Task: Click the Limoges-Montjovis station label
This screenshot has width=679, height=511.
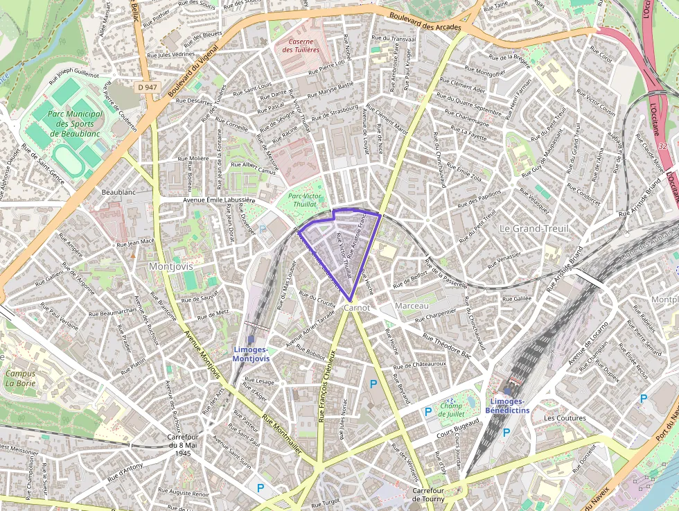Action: click(x=252, y=354)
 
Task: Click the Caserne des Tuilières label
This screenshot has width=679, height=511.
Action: click(x=300, y=45)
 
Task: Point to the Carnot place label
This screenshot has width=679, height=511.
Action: click(x=357, y=306)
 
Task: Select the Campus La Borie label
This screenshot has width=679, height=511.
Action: click(x=20, y=378)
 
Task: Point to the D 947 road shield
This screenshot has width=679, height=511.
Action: click(x=148, y=87)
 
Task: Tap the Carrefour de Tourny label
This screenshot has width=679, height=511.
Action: click(x=427, y=494)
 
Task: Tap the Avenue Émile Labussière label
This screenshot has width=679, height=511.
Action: click(x=215, y=201)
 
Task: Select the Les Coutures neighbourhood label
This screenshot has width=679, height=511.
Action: click(x=565, y=418)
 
